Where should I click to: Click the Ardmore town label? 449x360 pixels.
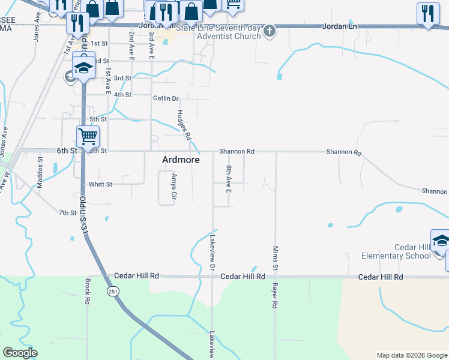tap(181, 160)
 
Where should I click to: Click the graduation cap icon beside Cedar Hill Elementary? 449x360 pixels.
tap(440, 240)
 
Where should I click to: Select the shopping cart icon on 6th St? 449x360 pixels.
tap(88, 137)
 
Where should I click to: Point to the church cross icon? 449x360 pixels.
tap(270, 31)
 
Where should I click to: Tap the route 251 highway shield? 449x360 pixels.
tap(113, 291)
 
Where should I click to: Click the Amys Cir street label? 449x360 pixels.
tap(174, 187)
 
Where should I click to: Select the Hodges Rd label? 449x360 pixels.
tap(184, 125)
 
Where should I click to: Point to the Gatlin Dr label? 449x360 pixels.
tap(166, 98)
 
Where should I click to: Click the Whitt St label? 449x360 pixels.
tap(100, 184)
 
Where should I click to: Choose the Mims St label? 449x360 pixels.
tap(276, 257)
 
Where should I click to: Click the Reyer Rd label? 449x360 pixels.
tap(275, 295)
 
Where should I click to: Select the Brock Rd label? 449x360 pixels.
tap(88, 291)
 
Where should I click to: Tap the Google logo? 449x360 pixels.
tap(20, 353)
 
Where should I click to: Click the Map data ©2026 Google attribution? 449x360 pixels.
tap(411, 355)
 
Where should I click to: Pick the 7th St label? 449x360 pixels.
tap(67, 212)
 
